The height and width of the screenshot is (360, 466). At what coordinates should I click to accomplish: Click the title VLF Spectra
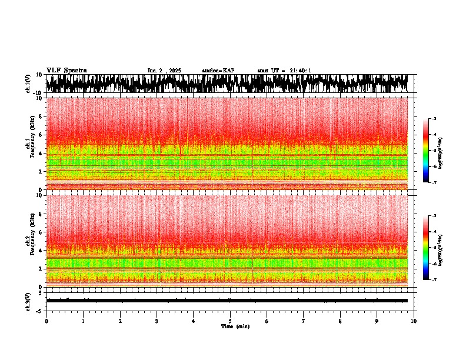click(x=66, y=70)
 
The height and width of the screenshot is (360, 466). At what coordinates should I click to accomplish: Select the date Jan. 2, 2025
click(x=164, y=71)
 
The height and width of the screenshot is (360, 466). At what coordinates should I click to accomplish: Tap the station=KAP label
click(x=218, y=71)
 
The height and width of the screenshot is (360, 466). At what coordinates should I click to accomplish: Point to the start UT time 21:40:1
click(x=284, y=71)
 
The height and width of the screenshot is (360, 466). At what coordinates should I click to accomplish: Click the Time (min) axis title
click(x=235, y=326)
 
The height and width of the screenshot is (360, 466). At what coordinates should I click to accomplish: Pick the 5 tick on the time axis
click(x=230, y=321)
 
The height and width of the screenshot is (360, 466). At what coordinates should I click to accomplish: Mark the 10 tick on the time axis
click(x=414, y=321)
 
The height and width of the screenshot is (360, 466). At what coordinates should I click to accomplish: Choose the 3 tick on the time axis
click(x=157, y=321)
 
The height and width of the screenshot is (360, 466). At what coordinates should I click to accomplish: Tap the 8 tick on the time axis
click(x=340, y=321)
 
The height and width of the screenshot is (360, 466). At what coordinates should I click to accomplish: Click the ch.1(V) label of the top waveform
click(x=28, y=84)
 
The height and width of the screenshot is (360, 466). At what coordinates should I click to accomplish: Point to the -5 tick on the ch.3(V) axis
click(x=39, y=309)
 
